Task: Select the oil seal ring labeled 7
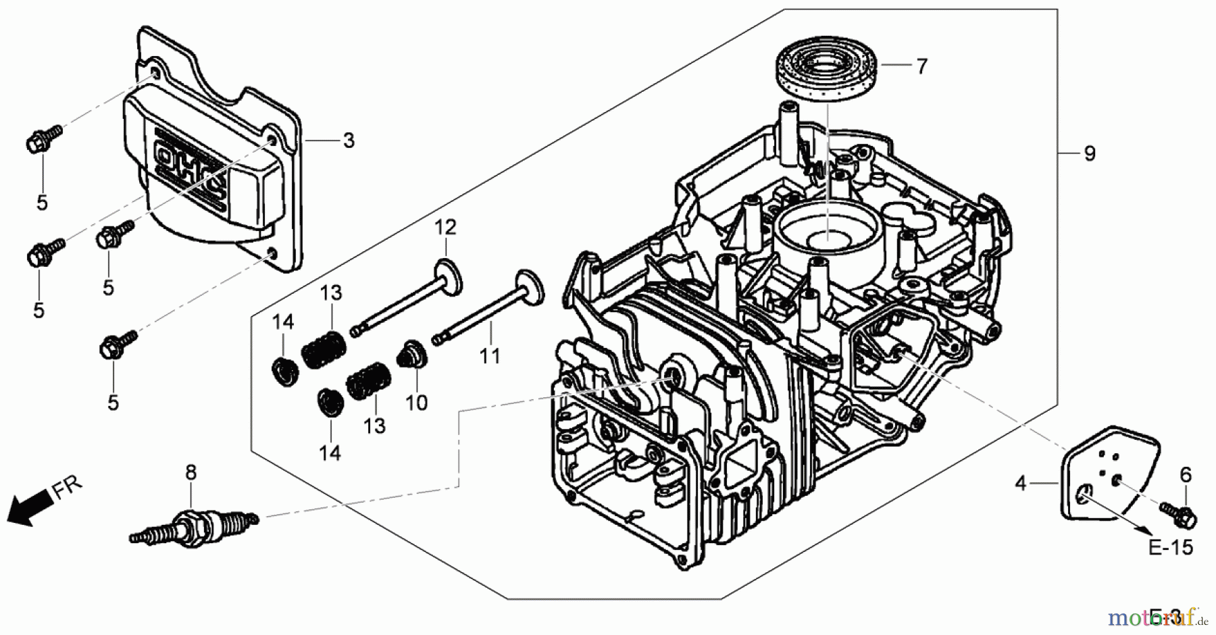pos(826,72)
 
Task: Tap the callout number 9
pos(1089,154)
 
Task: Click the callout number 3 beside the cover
pos(349,141)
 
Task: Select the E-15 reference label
pos(1171,547)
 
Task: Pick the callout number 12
pos(445,227)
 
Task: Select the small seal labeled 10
pos(412,354)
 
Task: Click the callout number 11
pos(490,355)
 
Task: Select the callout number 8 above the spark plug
pos(191,472)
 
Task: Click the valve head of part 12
pos(449,276)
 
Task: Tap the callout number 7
pos(921,66)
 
